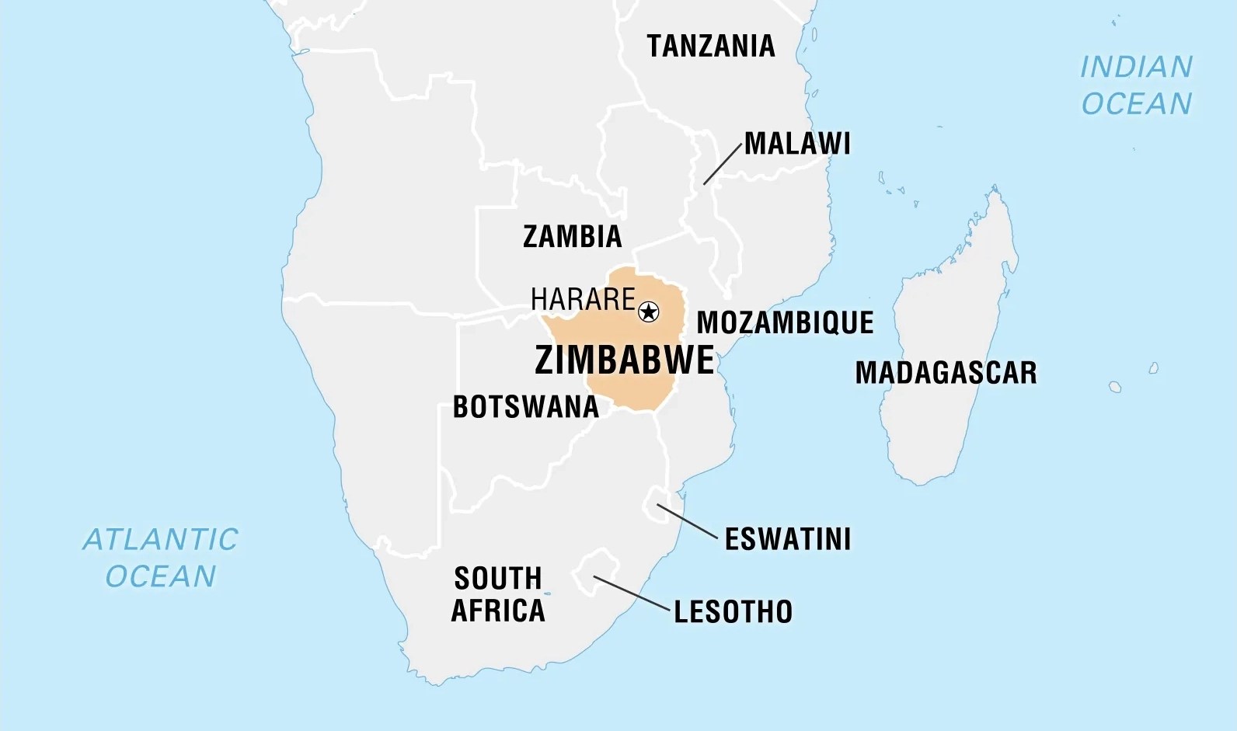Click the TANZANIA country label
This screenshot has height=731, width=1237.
coord(710,47)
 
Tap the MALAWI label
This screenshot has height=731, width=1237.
coord(796,144)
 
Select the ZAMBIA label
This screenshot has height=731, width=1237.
coord(572,236)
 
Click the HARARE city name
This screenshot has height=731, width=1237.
coord(583,299)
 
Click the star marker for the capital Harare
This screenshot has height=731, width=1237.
coord(648,312)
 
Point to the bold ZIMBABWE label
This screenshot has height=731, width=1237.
coord(624,360)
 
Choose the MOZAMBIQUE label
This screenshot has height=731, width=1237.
coord(785,322)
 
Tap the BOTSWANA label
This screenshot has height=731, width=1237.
coord(525,407)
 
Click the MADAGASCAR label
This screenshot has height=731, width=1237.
coord(946,373)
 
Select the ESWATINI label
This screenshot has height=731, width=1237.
coord(787,539)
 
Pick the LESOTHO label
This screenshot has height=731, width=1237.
coord(733,612)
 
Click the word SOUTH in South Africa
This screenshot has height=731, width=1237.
coord(497,579)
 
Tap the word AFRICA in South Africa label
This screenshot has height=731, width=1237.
coord(497,611)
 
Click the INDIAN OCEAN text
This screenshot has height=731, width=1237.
coord(1136,85)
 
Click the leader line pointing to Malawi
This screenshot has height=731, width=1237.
coord(723,164)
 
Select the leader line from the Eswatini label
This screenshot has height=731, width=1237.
coord(687,521)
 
